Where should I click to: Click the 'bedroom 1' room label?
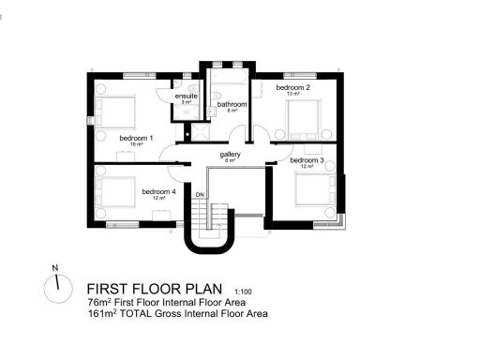click(137, 138)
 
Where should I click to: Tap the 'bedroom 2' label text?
click(292, 87)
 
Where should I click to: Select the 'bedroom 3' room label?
click(307, 160)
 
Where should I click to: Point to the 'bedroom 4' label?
click(158, 191)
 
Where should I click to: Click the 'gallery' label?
click(231, 154)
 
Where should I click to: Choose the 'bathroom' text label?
click(232, 104)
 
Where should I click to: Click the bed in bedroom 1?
click(115, 113)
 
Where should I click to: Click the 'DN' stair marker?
click(200, 195)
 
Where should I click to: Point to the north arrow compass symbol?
click(55, 285)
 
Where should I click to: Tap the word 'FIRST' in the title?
click(109, 289)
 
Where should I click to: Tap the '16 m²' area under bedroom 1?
click(137, 145)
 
